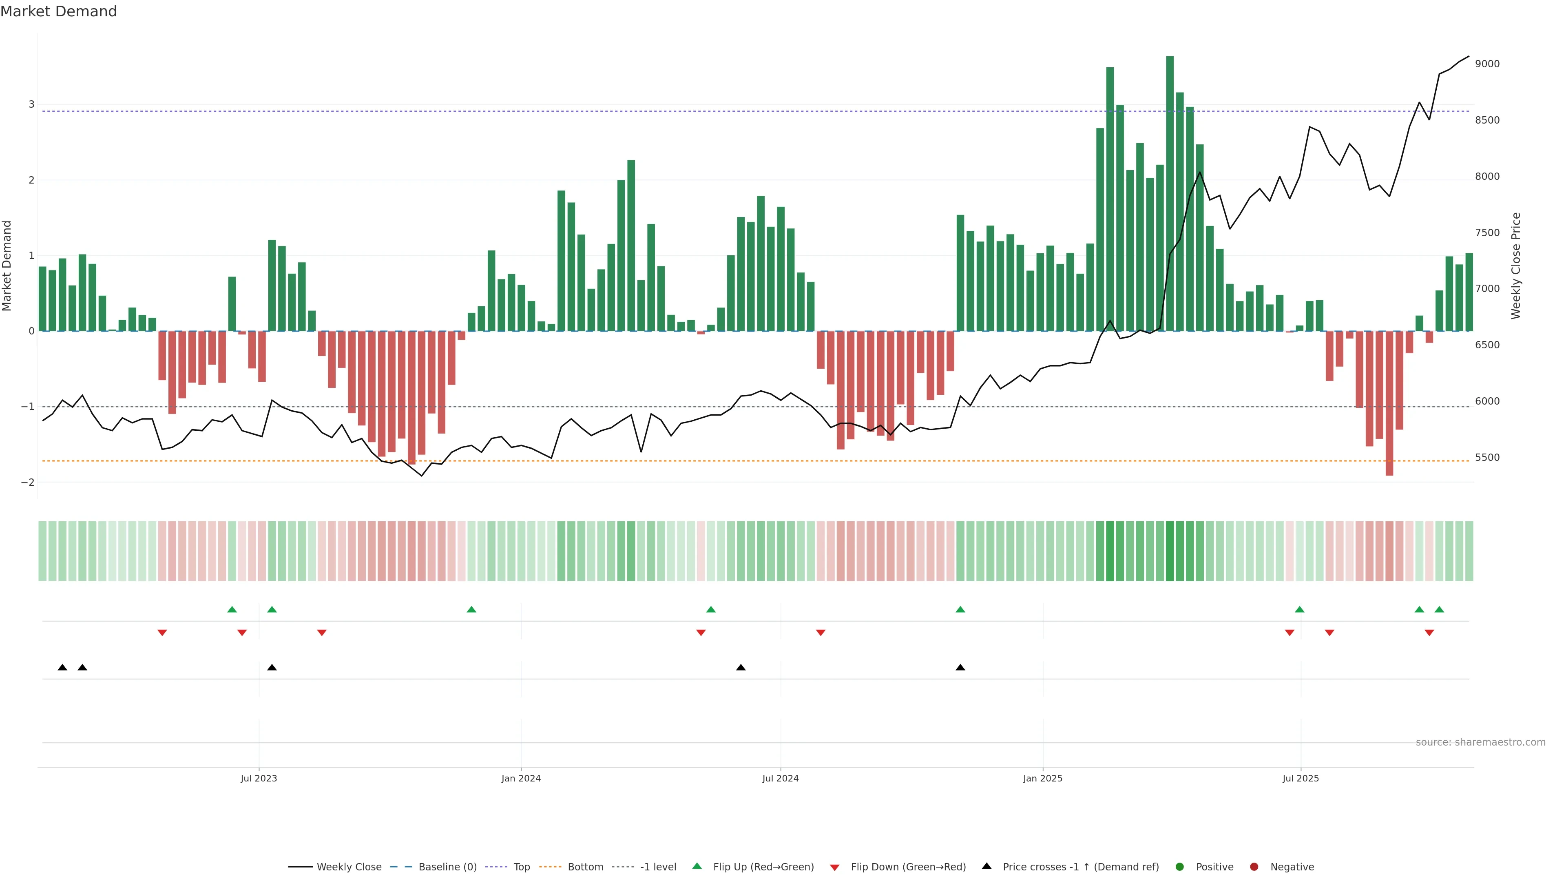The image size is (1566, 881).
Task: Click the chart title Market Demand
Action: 58,11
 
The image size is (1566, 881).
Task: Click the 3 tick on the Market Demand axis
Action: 32,104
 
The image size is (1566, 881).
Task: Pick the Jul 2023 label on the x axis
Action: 259,778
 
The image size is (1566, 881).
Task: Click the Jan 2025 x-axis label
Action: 1043,778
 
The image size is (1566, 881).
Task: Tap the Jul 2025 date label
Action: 1301,778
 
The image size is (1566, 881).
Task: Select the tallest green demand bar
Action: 1170,195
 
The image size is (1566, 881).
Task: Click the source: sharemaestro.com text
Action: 1480,742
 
